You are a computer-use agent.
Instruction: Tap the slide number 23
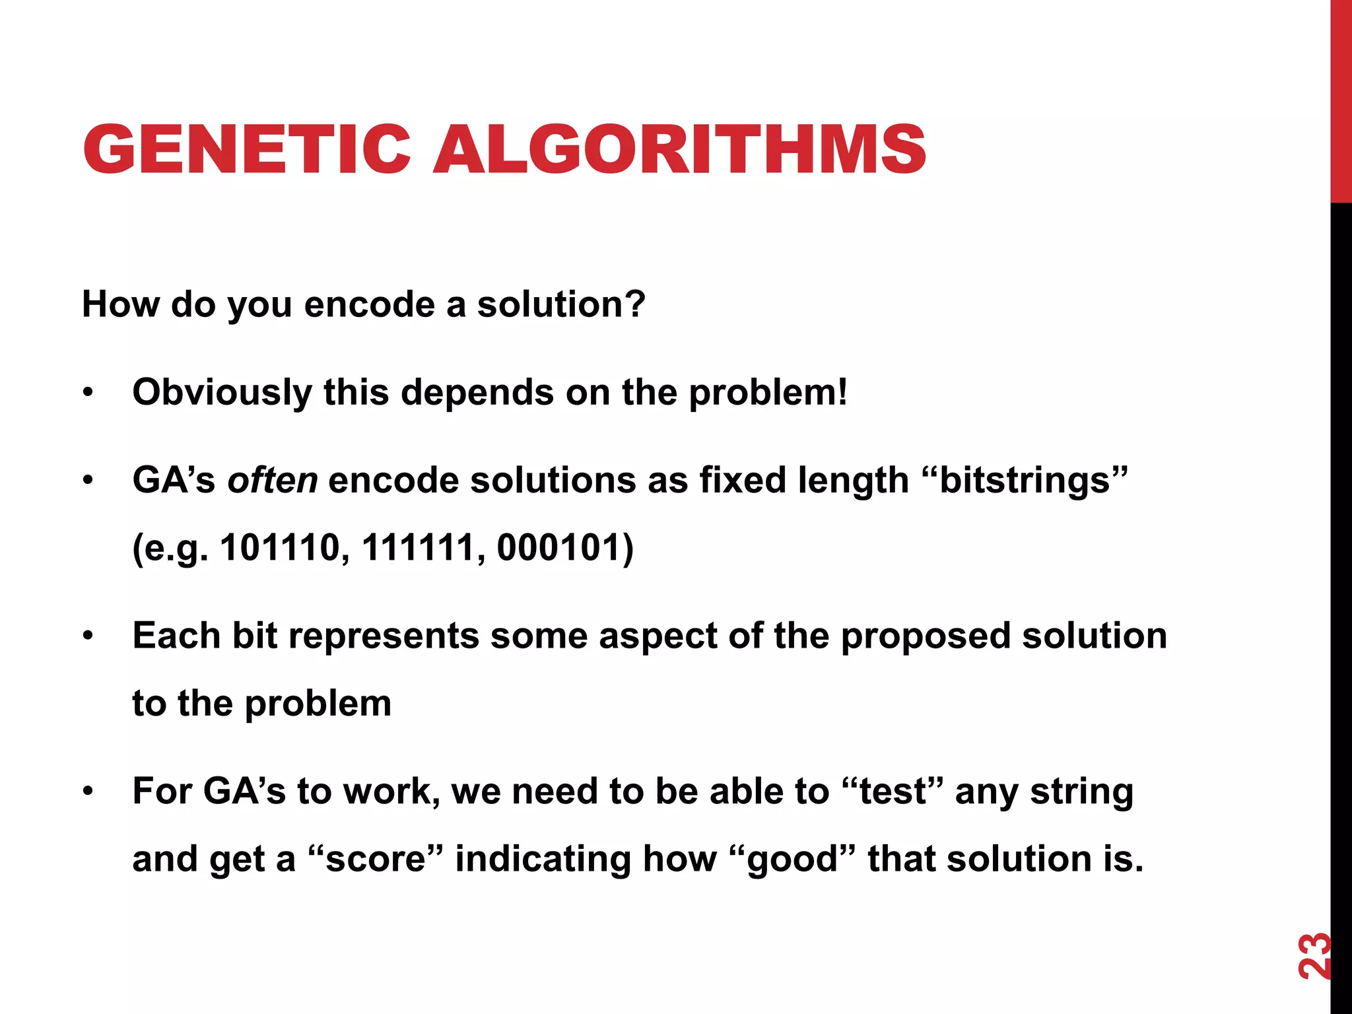pos(1314,955)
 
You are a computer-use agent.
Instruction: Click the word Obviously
pos(222,393)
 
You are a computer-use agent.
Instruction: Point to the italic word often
pos(272,480)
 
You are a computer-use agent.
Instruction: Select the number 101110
pos(280,548)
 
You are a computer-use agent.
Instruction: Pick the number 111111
pos(418,548)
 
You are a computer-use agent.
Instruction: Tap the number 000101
pos(557,548)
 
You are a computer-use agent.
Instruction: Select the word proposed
pos(926,636)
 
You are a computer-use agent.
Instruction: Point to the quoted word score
pos(376,859)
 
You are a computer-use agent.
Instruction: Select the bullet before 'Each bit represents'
pos(88,636)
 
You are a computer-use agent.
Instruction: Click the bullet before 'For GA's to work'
pos(88,792)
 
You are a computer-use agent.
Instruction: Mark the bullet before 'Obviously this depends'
pos(88,393)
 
